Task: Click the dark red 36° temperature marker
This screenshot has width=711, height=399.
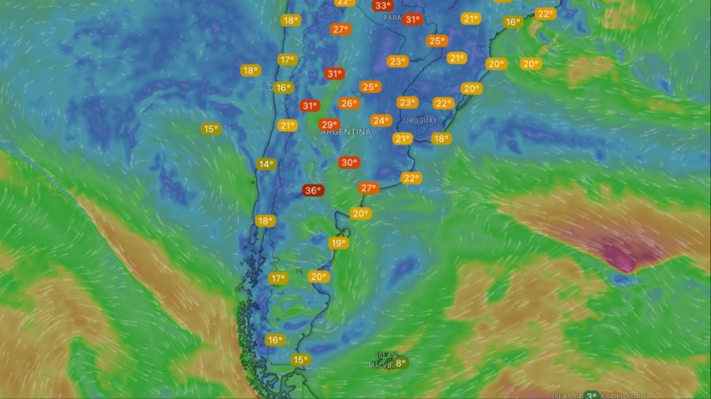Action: pos(313,190)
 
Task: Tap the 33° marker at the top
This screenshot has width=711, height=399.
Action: pos(382,6)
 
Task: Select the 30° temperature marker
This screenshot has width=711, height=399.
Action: pos(348,163)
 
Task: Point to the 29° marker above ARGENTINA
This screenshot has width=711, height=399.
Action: pos(329,125)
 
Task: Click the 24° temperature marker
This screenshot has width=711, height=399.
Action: pos(381,121)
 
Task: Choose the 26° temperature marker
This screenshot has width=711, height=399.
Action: pos(348,104)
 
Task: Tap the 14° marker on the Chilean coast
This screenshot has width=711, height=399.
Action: pos(265,164)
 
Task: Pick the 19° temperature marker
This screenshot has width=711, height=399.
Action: pos(338,243)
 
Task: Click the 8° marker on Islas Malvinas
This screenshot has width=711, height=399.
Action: pos(401,363)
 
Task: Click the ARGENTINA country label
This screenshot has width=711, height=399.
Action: pos(346,133)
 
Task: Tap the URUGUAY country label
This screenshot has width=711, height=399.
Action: pos(419,120)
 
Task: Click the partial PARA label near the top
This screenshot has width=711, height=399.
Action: pos(388,17)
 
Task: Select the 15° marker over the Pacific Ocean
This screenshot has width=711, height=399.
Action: pos(210,129)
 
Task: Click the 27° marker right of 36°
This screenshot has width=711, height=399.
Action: pos(368,188)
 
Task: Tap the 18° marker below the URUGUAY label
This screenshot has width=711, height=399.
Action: pos(441,139)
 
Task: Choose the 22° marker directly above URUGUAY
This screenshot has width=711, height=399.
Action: pos(443,104)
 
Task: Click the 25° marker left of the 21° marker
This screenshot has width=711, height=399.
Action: pos(436,41)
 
